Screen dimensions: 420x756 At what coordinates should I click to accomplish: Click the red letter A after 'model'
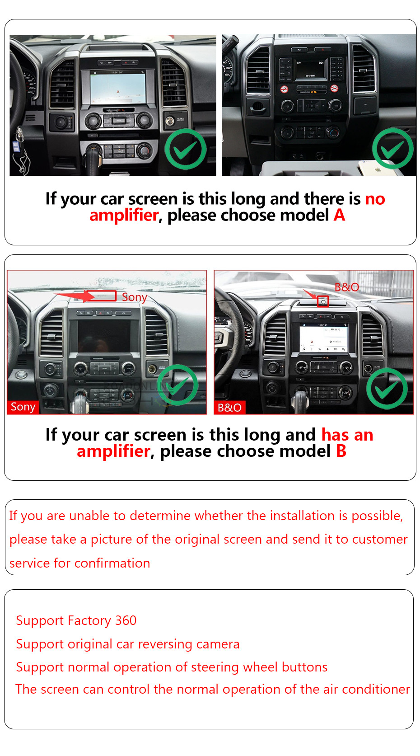(x=339, y=215)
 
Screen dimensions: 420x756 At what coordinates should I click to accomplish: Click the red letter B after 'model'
(x=341, y=451)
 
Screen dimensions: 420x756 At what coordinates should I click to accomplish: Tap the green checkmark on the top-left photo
(x=185, y=149)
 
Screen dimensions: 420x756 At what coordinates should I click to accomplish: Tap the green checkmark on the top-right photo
(x=392, y=148)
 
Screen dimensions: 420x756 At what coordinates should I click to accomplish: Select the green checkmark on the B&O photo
(x=387, y=388)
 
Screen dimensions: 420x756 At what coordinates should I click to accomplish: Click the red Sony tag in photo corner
(x=23, y=407)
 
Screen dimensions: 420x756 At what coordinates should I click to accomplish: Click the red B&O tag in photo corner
(x=230, y=408)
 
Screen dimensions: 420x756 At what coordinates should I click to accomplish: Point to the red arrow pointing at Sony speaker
(x=74, y=296)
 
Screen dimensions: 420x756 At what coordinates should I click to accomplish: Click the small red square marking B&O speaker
(x=323, y=301)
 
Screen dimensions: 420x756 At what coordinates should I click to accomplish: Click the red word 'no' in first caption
(x=375, y=199)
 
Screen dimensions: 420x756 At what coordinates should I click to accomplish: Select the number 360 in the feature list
(x=126, y=620)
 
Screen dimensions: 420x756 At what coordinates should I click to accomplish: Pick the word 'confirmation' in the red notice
(x=112, y=563)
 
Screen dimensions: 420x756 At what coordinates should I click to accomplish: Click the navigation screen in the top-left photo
(x=118, y=87)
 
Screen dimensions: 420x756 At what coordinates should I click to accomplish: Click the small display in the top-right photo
(x=310, y=69)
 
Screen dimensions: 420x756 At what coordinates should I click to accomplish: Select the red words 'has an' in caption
(x=347, y=435)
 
